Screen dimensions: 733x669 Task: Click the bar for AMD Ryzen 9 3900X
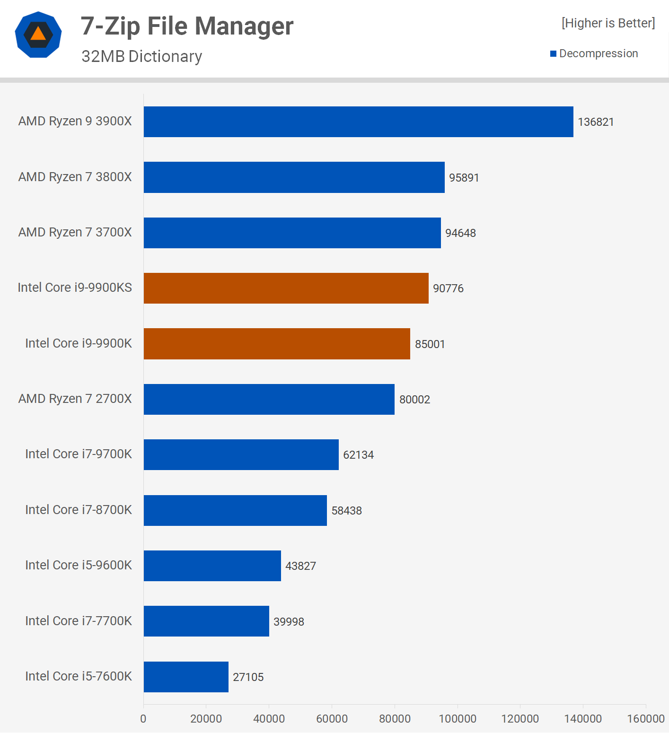tap(358, 122)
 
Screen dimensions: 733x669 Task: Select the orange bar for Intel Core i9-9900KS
tap(286, 288)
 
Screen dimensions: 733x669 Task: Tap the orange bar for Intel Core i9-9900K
tap(277, 344)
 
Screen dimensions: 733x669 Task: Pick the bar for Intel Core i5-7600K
tap(186, 677)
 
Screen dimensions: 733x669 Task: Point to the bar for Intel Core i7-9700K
tap(241, 454)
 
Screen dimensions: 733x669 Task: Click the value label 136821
tap(596, 122)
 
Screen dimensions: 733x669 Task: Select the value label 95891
tap(464, 178)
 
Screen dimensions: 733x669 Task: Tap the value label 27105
tap(248, 677)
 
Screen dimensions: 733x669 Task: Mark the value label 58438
tap(346, 511)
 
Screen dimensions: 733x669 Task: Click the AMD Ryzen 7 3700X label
tap(75, 232)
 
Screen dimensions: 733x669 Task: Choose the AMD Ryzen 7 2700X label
tap(75, 399)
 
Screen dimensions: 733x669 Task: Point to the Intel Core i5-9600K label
tap(78, 565)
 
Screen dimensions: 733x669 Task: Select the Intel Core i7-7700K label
tap(78, 621)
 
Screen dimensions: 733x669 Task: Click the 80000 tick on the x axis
tap(395, 719)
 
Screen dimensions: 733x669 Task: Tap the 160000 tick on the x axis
tap(645, 719)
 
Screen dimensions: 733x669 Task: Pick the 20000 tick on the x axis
tap(206, 719)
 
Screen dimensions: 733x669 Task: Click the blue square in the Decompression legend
tap(553, 54)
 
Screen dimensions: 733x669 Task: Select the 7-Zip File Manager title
tap(187, 26)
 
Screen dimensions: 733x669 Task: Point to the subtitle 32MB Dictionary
tap(141, 56)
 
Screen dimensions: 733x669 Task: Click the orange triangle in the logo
tap(38, 34)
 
